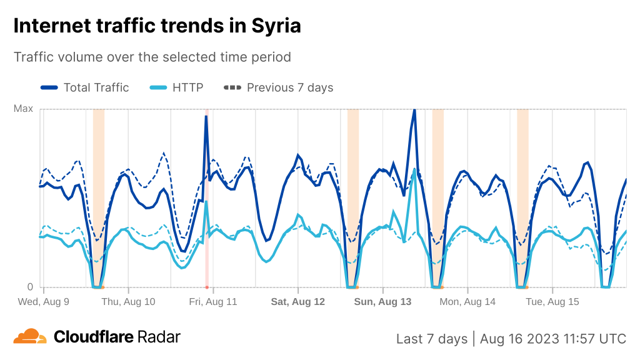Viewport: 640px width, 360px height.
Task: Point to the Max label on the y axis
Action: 23,109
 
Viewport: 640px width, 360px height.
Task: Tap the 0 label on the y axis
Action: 29,287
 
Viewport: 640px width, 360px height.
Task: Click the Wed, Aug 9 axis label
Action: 43,302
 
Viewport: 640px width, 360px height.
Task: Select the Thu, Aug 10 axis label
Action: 128,302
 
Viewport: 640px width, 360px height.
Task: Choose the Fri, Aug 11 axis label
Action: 213,302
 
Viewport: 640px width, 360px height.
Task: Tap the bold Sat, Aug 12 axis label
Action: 297,302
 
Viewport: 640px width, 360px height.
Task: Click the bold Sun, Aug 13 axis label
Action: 382,302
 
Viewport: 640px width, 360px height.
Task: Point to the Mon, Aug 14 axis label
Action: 467,302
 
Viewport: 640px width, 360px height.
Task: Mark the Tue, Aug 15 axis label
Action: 552,302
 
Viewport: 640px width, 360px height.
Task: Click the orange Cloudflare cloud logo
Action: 30,337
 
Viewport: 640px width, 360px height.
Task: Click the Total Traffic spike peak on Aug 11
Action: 206,116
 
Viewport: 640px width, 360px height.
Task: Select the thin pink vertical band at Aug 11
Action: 207,250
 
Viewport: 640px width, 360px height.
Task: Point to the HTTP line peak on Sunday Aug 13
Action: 414,169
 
